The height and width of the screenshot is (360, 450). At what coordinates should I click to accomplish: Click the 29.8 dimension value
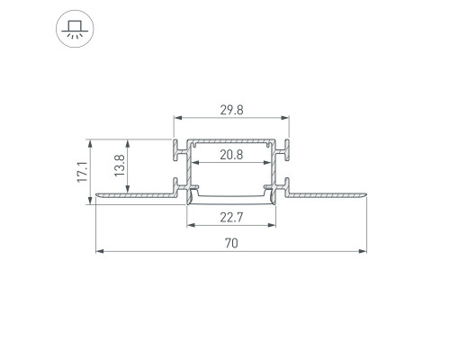coord(231,110)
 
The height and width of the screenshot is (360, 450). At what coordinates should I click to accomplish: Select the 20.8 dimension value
coord(231,155)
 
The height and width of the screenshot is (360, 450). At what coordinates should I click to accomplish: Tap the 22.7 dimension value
coord(231,217)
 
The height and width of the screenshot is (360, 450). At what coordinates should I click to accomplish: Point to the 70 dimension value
coord(231,243)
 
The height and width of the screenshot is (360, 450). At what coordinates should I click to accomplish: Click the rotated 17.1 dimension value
coord(82,172)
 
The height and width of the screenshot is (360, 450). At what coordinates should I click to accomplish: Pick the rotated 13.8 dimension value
coord(120,166)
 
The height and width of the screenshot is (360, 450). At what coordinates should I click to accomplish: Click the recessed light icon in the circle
coord(75,29)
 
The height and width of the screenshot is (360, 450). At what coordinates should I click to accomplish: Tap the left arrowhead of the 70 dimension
coord(100,251)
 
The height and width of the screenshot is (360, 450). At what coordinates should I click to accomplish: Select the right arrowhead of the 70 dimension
coord(363,251)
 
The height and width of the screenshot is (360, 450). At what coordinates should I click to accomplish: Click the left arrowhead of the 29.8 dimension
coord(178,118)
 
